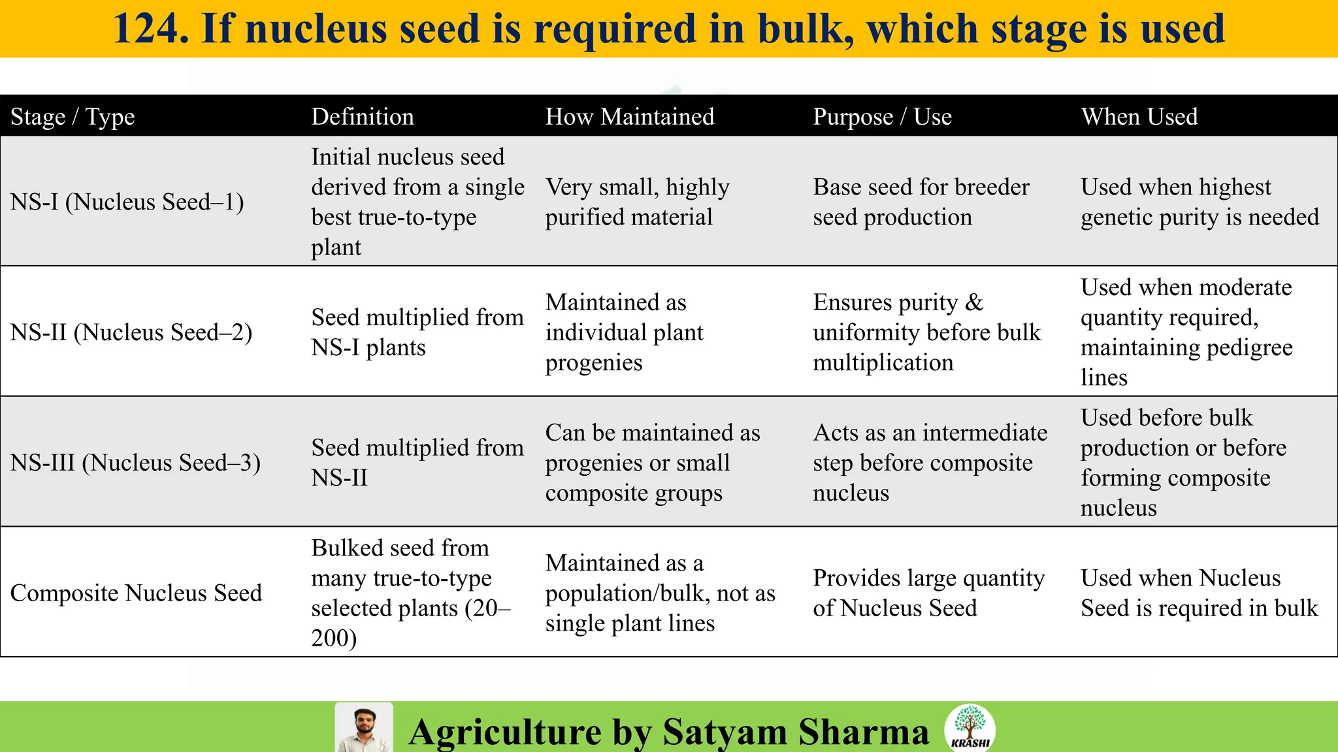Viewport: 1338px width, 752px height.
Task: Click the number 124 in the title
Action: click(x=151, y=29)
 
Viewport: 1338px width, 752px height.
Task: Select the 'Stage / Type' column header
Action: click(x=73, y=117)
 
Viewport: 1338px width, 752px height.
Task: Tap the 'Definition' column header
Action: click(x=362, y=117)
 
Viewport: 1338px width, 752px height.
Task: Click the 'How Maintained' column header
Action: click(x=629, y=117)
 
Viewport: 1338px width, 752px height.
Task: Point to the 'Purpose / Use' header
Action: click(x=882, y=117)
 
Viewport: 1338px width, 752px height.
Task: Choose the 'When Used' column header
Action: click(x=1139, y=117)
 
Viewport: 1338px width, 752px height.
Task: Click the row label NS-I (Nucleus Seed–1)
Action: click(x=127, y=202)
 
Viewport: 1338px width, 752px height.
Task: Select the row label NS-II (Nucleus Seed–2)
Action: click(x=131, y=332)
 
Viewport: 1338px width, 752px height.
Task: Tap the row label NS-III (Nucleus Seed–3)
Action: click(x=135, y=463)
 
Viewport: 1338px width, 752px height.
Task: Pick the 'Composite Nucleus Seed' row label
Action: click(x=136, y=593)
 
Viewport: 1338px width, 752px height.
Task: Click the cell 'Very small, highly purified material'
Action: click(x=637, y=202)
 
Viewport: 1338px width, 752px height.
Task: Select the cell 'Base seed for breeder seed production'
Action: click(x=921, y=202)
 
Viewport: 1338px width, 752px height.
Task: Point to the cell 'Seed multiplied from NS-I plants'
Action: click(x=417, y=332)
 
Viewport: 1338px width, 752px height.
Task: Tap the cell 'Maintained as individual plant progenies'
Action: click(x=624, y=332)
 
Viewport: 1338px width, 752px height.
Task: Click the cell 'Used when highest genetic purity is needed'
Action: click(x=1199, y=202)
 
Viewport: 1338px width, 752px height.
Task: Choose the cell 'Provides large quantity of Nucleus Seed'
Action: click(x=928, y=593)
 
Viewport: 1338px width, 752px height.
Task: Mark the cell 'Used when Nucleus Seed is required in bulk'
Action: click(x=1199, y=593)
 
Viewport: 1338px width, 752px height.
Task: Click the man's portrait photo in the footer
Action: click(x=364, y=728)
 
